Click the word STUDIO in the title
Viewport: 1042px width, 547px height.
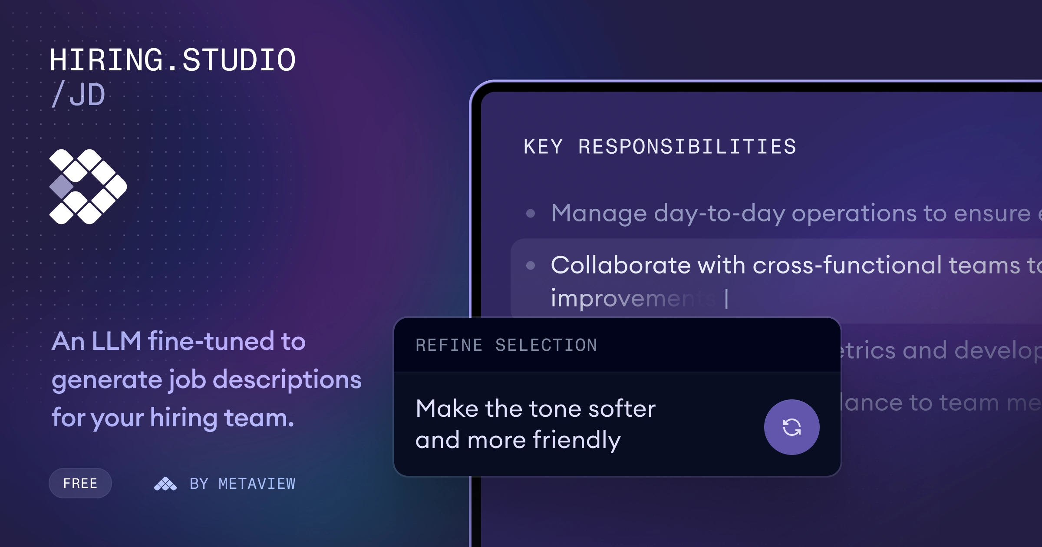pyautogui.click(x=239, y=60)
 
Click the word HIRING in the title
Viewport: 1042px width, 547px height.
pyautogui.click(x=106, y=60)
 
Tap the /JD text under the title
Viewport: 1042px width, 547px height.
pyautogui.click(x=79, y=95)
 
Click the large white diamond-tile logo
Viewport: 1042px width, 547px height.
pyautogui.click(x=88, y=187)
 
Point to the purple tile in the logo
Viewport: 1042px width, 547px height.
pyautogui.click(x=61, y=187)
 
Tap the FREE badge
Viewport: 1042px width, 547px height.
pyautogui.click(x=80, y=483)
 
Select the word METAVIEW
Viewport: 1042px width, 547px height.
pyautogui.click(x=257, y=484)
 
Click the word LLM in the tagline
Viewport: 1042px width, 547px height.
pyautogui.click(x=116, y=341)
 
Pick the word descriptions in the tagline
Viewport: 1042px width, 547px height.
pyautogui.click(x=287, y=380)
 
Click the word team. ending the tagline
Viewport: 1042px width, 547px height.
pyautogui.click(x=259, y=418)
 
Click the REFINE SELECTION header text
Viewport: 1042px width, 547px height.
pyautogui.click(x=506, y=345)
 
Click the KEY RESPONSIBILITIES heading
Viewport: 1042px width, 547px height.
pyautogui.click(x=660, y=147)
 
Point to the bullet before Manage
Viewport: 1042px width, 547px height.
pyautogui.click(x=531, y=213)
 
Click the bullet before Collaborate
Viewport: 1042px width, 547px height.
pyautogui.click(x=531, y=265)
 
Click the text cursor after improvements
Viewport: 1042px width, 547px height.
pyautogui.click(x=726, y=299)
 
